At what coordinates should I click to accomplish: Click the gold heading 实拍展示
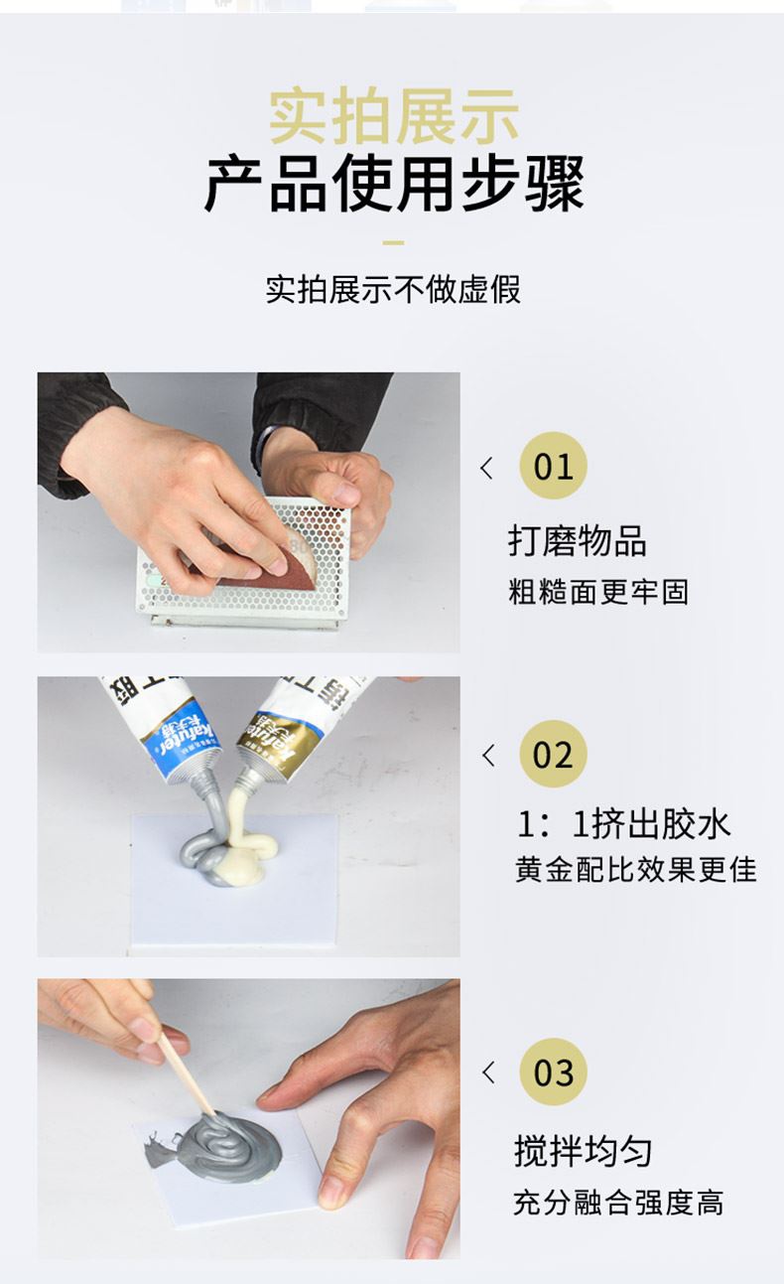pos(393,117)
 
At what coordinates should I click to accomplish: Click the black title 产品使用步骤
pos(393,184)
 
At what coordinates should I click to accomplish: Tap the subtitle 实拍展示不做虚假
pos(393,289)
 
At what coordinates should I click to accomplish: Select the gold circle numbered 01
pos(553,466)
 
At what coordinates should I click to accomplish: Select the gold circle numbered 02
pos(553,754)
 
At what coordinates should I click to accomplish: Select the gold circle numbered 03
pos(553,1071)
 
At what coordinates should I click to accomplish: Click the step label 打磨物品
pos(577,541)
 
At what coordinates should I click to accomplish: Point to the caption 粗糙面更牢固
pos(597,592)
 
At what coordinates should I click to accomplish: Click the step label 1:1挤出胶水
pos(623,823)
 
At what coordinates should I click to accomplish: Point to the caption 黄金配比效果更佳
pos(635,870)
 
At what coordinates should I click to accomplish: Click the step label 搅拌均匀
pos(583,1151)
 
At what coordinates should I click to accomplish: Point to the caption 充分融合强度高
pos(617,1203)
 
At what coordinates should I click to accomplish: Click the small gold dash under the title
pos(393,241)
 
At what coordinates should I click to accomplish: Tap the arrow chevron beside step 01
pos(486,468)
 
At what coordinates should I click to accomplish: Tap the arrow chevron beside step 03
pos(486,1072)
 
